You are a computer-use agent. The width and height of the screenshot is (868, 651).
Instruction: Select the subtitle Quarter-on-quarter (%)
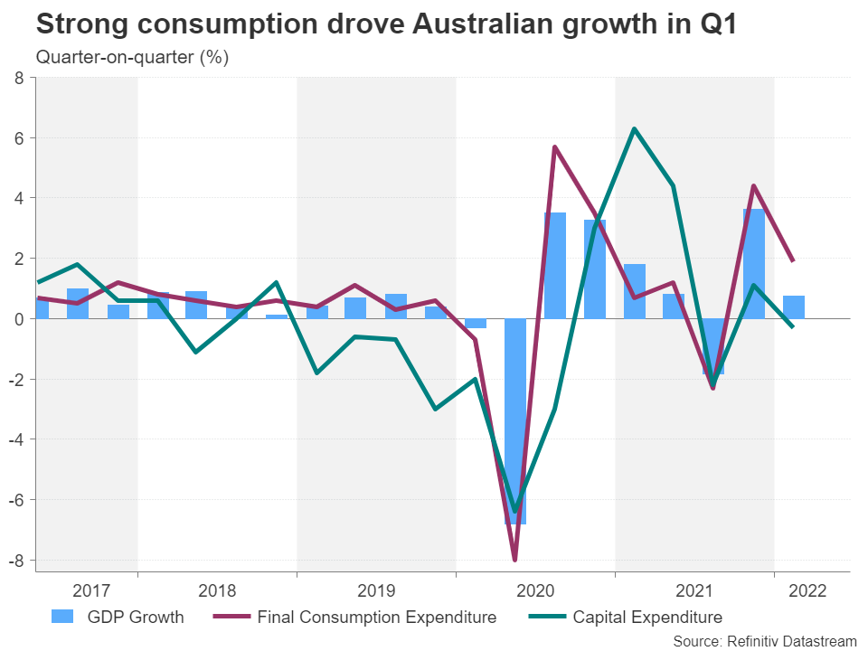[132, 58]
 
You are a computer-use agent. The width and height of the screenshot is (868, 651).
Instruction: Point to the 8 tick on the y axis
[19, 78]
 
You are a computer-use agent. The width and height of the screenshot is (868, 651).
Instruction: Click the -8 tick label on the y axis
[16, 560]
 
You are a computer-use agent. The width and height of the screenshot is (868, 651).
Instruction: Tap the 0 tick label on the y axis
[19, 318]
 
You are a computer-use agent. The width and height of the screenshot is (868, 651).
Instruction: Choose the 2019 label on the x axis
[376, 591]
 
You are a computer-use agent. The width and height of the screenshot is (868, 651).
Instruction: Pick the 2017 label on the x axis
[91, 591]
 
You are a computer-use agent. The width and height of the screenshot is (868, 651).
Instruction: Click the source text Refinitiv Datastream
[764, 640]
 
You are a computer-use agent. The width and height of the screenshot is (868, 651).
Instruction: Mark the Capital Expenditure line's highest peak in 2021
[635, 128]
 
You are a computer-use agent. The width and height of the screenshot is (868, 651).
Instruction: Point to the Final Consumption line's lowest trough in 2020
[515, 560]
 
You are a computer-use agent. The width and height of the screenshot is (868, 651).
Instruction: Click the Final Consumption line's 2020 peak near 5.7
[554, 146]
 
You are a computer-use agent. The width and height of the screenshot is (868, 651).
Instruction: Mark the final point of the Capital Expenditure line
[793, 327]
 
